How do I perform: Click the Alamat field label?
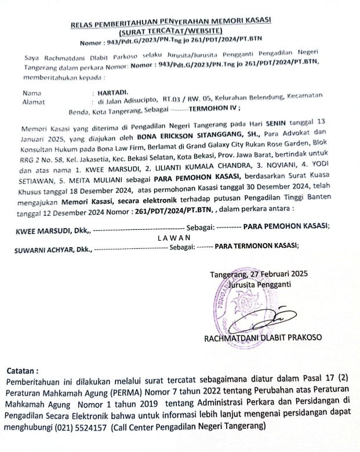(x=32, y=101)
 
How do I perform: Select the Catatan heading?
(x=23, y=370)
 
